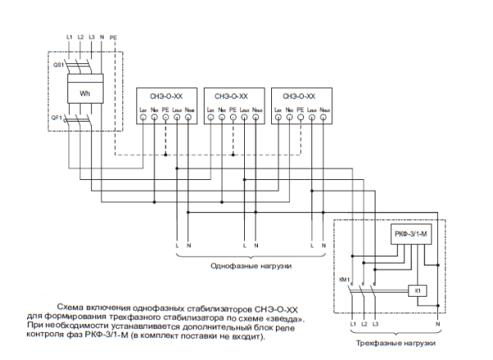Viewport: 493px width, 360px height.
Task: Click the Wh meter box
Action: [84, 93]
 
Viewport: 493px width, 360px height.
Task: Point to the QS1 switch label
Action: [58, 63]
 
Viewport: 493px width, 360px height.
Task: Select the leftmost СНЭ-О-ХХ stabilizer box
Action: [165, 104]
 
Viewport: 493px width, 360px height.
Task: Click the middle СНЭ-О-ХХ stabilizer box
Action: [233, 104]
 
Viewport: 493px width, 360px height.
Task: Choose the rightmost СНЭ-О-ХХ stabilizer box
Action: [301, 104]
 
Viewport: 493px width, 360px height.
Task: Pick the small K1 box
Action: [417, 291]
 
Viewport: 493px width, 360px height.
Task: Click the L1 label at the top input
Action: [69, 39]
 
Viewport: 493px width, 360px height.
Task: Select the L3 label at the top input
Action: [91, 39]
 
